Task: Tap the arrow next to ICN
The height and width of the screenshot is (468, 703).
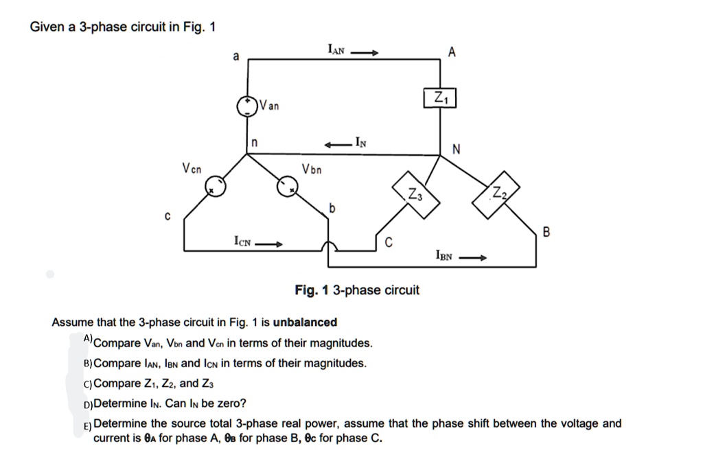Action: (269, 244)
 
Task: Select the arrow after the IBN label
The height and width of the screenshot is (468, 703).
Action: (473, 259)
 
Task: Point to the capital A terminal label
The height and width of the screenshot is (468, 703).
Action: (451, 52)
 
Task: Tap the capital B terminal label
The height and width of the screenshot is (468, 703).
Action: (546, 233)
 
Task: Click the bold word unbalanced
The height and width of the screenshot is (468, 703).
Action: (305, 323)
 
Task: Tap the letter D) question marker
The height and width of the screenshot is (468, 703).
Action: (87, 403)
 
